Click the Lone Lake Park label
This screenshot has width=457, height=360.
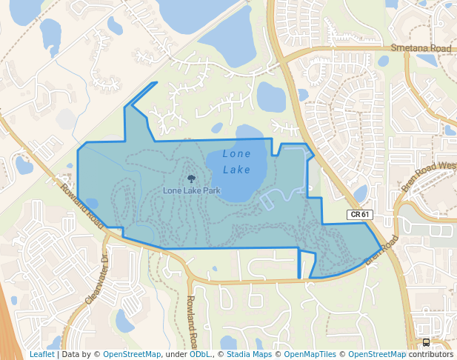tap(192, 190)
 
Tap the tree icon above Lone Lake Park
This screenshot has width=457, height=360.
tap(192, 179)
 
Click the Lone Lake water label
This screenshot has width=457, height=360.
tap(237, 161)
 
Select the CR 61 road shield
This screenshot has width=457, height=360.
tap(359, 215)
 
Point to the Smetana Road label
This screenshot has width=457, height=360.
tap(421, 48)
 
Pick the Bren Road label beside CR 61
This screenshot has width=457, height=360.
tap(382, 251)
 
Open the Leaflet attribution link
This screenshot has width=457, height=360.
tap(42, 354)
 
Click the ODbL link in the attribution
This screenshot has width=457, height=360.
tap(200, 354)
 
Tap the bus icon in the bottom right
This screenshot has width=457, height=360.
tap(427, 342)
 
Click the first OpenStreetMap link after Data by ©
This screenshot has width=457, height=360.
tap(132, 354)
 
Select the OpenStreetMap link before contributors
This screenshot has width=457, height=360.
tap(377, 354)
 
